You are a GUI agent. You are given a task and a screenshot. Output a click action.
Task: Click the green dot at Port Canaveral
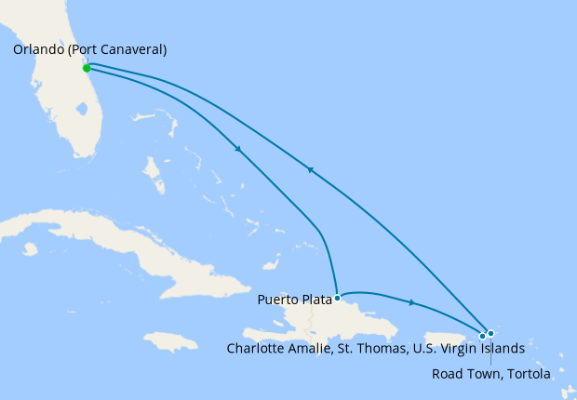(x=87, y=68)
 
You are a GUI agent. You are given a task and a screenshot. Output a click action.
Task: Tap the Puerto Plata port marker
(x=337, y=299)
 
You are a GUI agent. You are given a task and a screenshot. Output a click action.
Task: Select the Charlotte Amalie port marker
(x=482, y=336)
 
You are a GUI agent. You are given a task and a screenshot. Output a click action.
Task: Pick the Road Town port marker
(x=490, y=333)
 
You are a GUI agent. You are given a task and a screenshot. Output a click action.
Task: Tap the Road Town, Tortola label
(x=491, y=374)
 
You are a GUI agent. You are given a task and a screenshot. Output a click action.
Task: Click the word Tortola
(x=528, y=374)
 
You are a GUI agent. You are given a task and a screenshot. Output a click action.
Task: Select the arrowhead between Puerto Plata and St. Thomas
(x=411, y=302)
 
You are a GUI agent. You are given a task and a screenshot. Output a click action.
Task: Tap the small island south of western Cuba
(x=30, y=248)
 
